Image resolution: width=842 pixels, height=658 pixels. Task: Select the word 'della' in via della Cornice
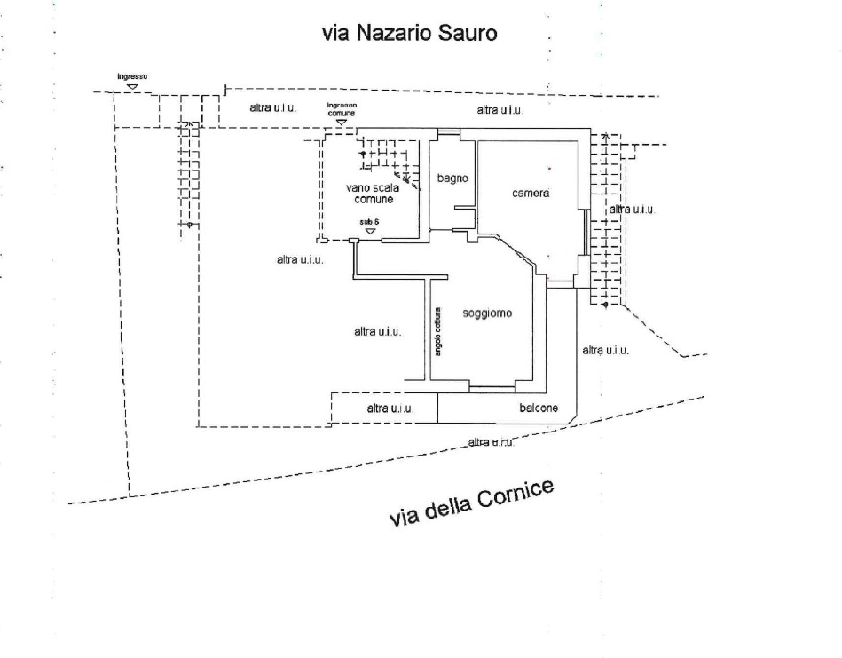[x=445, y=510]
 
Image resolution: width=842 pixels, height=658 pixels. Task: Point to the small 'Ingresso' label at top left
[x=132, y=77]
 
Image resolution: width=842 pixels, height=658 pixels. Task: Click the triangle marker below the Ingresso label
[x=132, y=86]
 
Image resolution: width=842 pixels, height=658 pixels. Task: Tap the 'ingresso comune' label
[x=342, y=109]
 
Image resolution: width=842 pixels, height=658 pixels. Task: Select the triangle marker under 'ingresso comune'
[x=342, y=122]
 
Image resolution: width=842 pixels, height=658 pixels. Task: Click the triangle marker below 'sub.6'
[x=369, y=231]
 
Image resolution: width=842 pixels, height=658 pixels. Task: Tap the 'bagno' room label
[x=452, y=178]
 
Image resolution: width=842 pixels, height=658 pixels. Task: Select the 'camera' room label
[x=531, y=194]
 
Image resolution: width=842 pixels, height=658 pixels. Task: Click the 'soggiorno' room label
[x=488, y=313]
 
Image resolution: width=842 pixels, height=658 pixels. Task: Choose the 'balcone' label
[x=539, y=408]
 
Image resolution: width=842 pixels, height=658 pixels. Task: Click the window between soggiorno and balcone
[x=492, y=388]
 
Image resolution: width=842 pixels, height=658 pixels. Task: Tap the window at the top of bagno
[x=448, y=134]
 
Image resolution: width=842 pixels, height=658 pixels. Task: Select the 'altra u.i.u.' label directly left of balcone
[x=390, y=408]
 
